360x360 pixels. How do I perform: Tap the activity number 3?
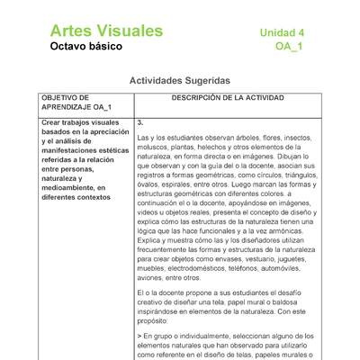pos(140,121)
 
